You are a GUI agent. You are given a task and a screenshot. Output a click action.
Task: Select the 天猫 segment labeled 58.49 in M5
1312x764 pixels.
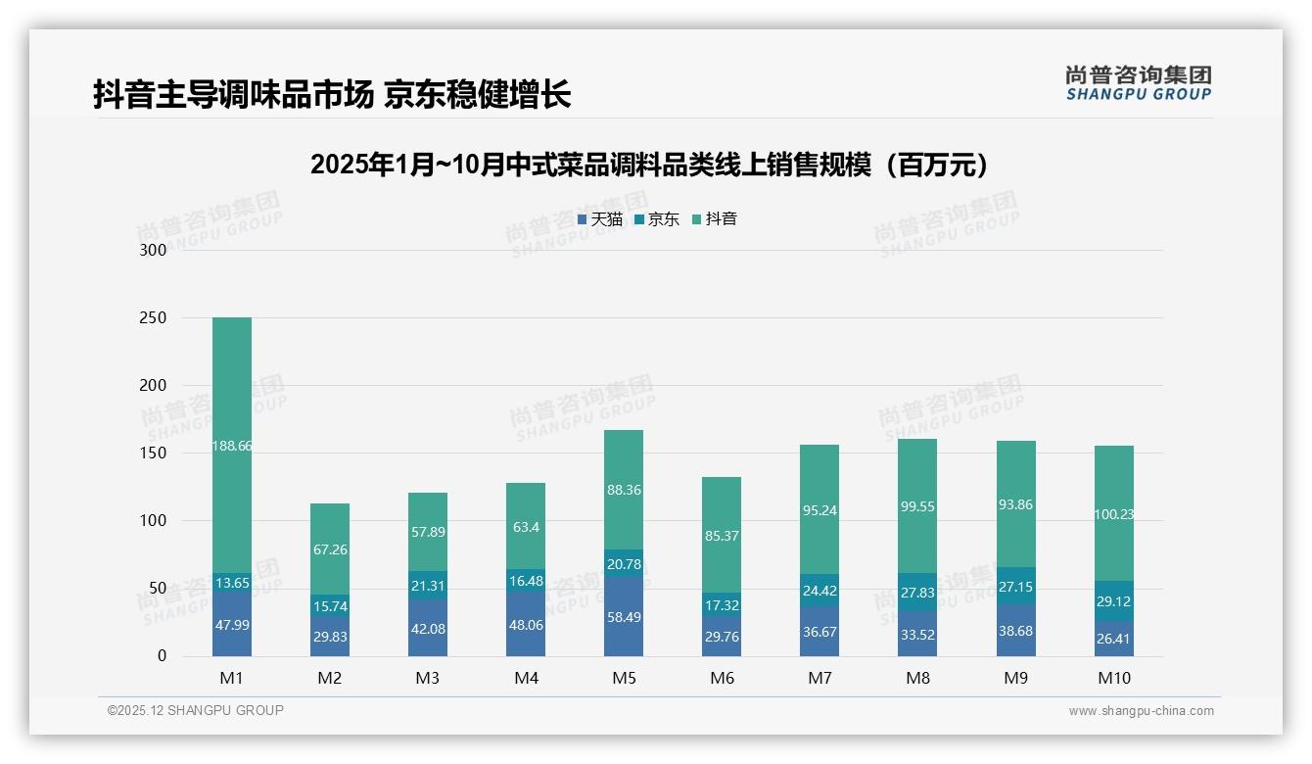[x=624, y=617]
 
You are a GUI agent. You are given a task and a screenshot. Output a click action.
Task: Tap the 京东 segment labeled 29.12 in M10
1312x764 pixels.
[x=1113, y=600]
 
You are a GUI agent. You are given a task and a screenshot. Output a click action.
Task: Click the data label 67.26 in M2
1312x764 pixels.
[x=330, y=549]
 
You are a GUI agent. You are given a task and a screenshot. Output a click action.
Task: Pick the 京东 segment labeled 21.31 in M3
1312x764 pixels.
[x=428, y=586]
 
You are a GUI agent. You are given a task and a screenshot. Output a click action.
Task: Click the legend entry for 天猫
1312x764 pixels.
[x=600, y=219]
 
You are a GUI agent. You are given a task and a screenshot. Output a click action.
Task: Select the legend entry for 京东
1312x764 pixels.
[x=657, y=219]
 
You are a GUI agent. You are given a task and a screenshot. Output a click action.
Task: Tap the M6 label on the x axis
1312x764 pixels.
[x=722, y=678]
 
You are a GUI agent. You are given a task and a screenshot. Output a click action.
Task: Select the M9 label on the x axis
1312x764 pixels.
[x=1015, y=678]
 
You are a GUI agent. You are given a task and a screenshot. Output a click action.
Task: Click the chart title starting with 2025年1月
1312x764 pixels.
[x=654, y=165]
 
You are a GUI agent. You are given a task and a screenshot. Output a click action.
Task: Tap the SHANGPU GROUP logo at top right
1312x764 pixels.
[x=1138, y=83]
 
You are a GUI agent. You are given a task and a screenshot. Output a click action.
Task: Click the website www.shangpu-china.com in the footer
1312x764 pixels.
[x=1141, y=711]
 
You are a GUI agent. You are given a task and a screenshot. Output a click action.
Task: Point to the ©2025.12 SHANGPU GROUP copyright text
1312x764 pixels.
[x=196, y=711]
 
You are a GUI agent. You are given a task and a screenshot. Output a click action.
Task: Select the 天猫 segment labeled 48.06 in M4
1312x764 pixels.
[x=526, y=625]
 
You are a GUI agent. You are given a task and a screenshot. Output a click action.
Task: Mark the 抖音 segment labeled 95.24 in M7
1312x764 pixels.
[x=820, y=510]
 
